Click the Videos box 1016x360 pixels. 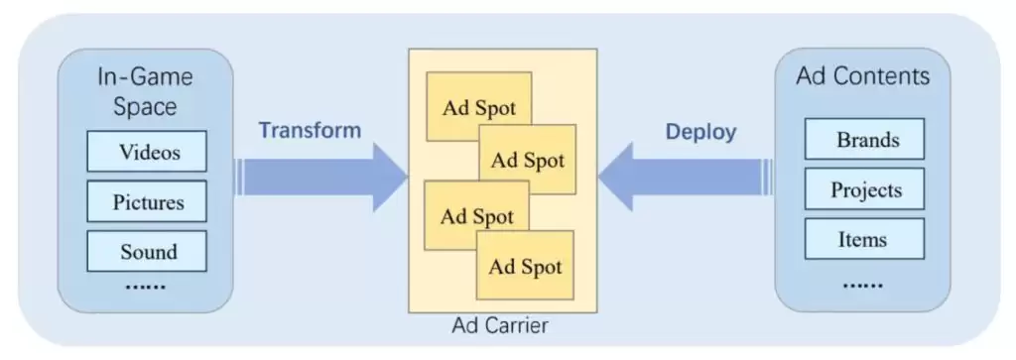147,152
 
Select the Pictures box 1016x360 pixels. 147,201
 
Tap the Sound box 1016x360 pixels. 147,251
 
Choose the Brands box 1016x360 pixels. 864,139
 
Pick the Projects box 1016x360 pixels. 864,189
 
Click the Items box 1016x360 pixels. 864,239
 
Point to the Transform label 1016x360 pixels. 310,130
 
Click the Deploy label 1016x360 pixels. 701,132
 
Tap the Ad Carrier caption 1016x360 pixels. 500,325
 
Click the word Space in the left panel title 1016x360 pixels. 145,106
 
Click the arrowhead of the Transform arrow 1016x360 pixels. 389,177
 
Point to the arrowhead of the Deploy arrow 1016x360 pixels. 615,177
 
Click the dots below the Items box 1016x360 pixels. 862,285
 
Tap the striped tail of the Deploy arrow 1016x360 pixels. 768,177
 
